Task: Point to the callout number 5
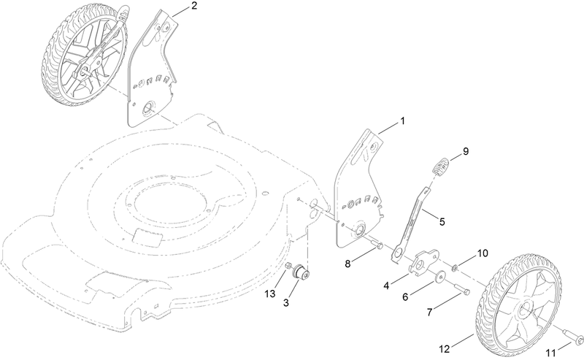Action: pos(442,218)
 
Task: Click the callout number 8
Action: pos(348,261)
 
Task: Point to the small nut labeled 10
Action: pos(456,264)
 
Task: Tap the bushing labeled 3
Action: pos(300,273)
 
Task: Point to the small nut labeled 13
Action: pos(289,264)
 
